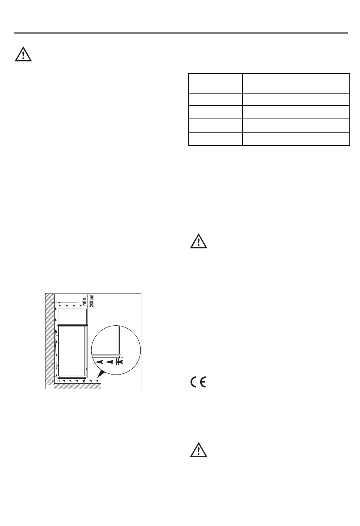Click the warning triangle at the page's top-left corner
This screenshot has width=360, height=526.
[23, 55]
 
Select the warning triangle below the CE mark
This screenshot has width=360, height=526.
[199, 450]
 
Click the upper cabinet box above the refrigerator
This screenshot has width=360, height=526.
[72, 316]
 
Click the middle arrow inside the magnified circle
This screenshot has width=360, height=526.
[110, 362]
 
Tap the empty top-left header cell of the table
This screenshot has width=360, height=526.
[215, 83]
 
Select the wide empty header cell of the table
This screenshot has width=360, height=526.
[296, 83]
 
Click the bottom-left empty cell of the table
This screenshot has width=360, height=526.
[215, 139]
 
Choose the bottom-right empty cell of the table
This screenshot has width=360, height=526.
[296, 139]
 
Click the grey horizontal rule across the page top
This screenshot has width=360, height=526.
[181, 33]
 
